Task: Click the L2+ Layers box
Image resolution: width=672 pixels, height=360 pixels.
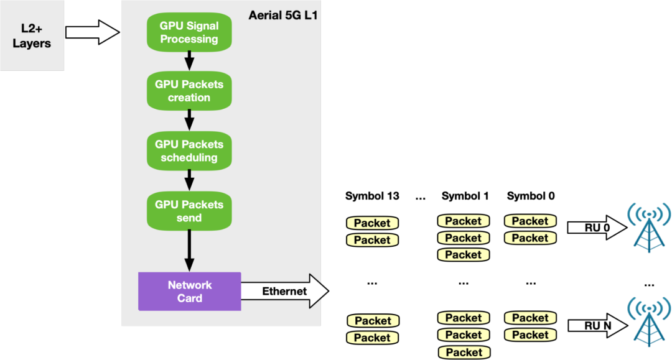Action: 32,35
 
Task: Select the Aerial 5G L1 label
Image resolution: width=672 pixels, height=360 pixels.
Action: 282,16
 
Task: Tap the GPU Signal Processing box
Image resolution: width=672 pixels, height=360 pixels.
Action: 189,32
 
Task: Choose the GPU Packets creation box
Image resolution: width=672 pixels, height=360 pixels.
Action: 189,91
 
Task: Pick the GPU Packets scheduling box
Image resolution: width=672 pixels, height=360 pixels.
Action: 189,151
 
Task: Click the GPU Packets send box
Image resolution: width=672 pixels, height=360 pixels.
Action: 189,211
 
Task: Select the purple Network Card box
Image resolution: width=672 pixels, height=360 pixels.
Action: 189,292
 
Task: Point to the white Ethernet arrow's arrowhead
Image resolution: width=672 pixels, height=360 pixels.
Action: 318,291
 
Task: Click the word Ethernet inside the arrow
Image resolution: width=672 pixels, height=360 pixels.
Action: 284,291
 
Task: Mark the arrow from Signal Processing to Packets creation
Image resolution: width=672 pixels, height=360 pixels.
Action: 190,61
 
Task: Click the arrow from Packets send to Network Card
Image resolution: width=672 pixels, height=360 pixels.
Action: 190,251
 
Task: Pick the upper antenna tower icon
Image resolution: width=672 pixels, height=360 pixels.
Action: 648,227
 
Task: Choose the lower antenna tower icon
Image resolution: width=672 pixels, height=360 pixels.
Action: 648,321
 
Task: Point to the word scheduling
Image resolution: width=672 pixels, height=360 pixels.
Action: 189,158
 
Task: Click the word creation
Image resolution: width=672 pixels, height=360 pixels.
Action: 189,98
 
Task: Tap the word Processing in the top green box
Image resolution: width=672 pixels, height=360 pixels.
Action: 189,39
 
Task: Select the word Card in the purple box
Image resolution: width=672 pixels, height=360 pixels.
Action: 189,298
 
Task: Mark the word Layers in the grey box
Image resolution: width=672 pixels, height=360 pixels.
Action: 32,44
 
